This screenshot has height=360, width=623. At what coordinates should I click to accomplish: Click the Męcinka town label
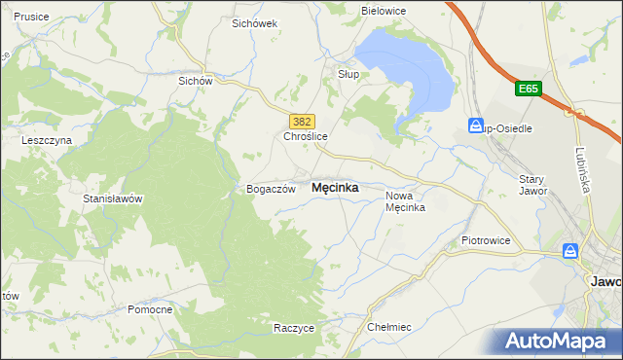coord(334,188)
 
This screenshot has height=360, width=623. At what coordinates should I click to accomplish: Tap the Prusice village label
coord(32,17)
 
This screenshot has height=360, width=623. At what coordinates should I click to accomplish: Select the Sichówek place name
coord(255,22)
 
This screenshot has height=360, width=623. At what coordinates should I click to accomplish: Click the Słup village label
coord(348,73)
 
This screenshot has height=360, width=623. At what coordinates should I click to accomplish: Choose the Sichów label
coord(195,82)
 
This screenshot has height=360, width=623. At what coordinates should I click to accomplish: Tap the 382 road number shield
coord(302,121)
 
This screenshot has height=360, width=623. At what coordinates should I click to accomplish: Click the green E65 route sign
coord(528,90)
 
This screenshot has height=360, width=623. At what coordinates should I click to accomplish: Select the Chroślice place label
coord(305,137)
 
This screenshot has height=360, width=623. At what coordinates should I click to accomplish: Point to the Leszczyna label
coord(47,140)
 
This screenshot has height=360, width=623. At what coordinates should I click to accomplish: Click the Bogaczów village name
coord(271,190)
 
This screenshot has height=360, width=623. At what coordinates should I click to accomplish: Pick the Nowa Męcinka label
coord(405,200)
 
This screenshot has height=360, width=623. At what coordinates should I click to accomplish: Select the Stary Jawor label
coord(532,185)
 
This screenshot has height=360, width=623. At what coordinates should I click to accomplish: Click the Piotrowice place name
coord(486,239)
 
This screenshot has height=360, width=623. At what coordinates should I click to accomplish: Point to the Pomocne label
coord(150,309)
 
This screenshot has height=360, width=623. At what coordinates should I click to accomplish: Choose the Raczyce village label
coord(294,328)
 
